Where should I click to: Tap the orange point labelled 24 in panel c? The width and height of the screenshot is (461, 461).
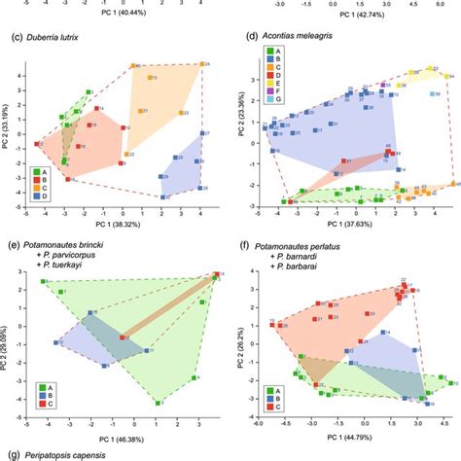201,65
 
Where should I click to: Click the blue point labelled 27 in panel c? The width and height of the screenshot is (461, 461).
202,134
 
